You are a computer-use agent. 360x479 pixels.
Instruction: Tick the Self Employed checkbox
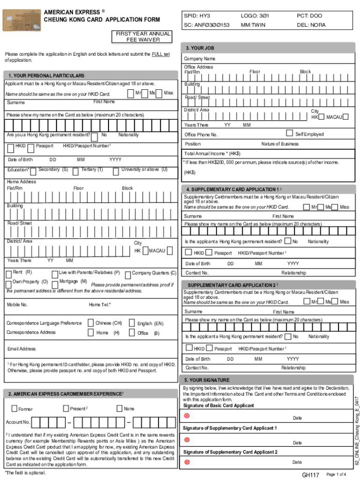point(289,133)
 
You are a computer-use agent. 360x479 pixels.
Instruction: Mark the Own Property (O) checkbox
point(9,283)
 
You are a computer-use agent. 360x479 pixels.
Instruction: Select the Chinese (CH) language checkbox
point(90,323)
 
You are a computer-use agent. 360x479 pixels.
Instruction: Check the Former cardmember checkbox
point(14,409)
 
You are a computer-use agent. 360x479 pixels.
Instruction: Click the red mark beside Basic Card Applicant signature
point(187,416)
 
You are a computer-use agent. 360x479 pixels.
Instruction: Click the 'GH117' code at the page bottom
point(310,475)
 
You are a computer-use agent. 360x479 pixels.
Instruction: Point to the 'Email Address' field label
point(22,348)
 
